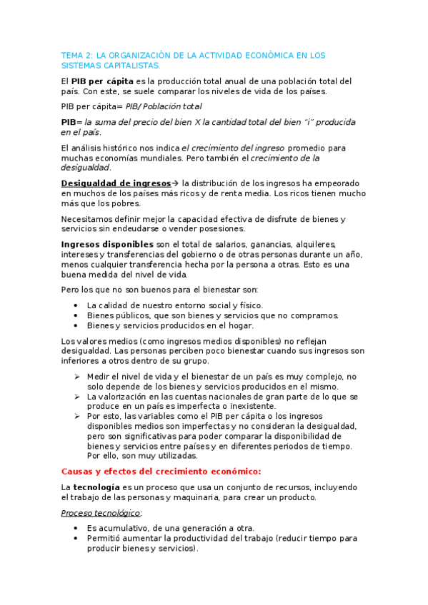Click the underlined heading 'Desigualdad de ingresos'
coord(116,183)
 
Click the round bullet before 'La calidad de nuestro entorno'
coord(76,305)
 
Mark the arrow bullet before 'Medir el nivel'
coord(77,376)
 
